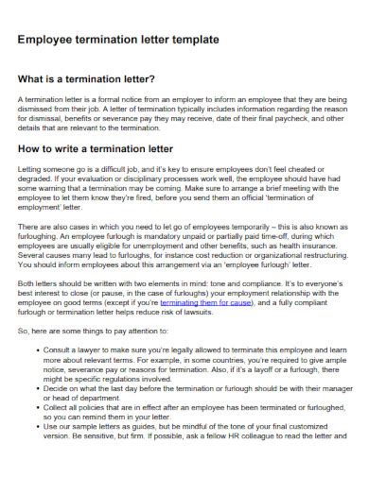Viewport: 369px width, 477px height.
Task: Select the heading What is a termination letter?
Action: (86, 78)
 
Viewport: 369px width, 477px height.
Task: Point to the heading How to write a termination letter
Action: (97, 147)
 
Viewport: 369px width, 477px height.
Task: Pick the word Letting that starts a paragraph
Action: (30, 166)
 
